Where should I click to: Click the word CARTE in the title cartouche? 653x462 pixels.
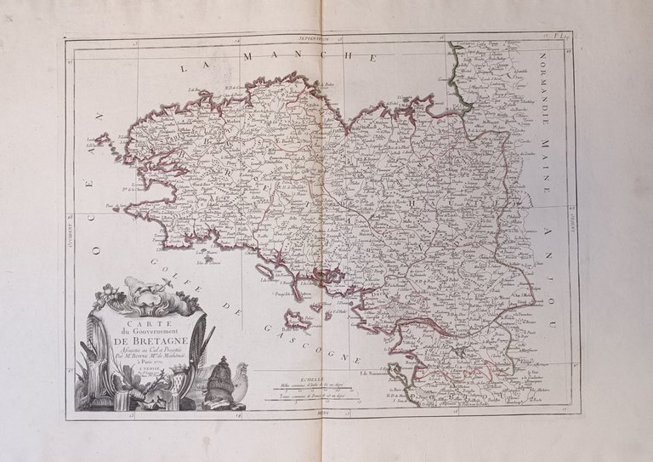coord(140,324)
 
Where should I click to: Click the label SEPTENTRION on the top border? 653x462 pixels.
coord(320,39)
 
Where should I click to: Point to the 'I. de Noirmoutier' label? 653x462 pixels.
coord(379,372)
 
